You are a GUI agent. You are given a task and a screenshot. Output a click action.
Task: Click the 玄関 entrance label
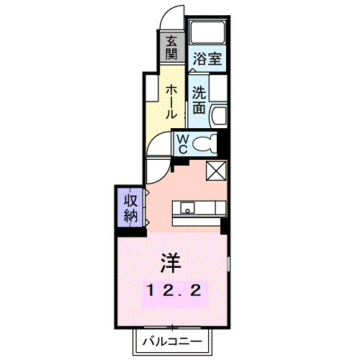[171, 49]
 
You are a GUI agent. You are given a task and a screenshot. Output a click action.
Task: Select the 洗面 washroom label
[199, 101]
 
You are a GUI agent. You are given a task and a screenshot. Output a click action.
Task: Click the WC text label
[183, 143]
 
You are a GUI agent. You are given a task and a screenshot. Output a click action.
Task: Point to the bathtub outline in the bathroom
[208, 33]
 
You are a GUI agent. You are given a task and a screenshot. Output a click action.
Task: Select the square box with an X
[216, 171]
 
